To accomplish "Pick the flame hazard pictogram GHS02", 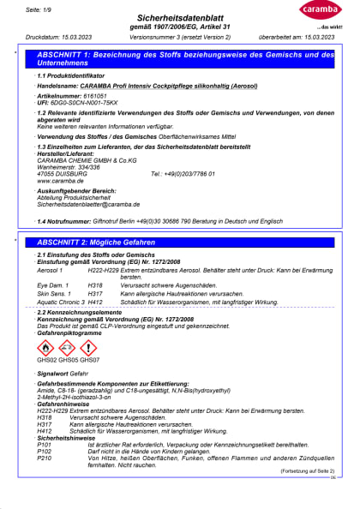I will point(45,348).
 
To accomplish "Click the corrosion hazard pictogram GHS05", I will point(66,348).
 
